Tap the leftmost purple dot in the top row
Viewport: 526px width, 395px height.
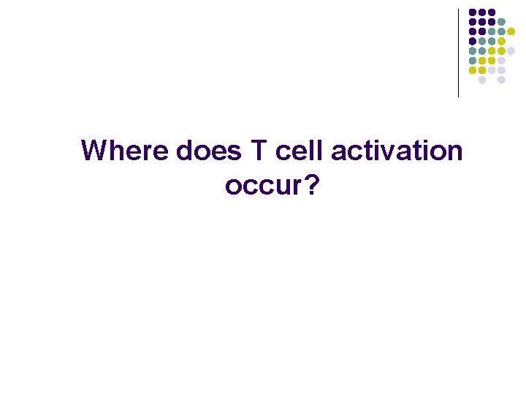click(x=473, y=12)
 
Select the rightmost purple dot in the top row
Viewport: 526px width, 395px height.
click(x=492, y=12)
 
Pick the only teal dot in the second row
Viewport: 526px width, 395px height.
click(x=501, y=22)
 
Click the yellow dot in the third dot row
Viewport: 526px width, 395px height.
click(x=511, y=31)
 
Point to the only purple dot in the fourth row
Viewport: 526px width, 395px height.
click(x=473, y=41)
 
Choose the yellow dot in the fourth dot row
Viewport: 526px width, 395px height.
click(x=501, y=41)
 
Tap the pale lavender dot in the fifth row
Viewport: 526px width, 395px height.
click(x=511, y=50)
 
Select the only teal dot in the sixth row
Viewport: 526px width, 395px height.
click(x=473, y=61)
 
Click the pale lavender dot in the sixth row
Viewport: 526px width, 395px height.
click(x=501, y=61)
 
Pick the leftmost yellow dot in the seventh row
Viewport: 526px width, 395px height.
click(x=473, y=70)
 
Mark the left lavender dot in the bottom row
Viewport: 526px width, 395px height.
click(x=482, y=80)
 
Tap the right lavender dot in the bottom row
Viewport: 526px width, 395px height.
click(x=501, y=80)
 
